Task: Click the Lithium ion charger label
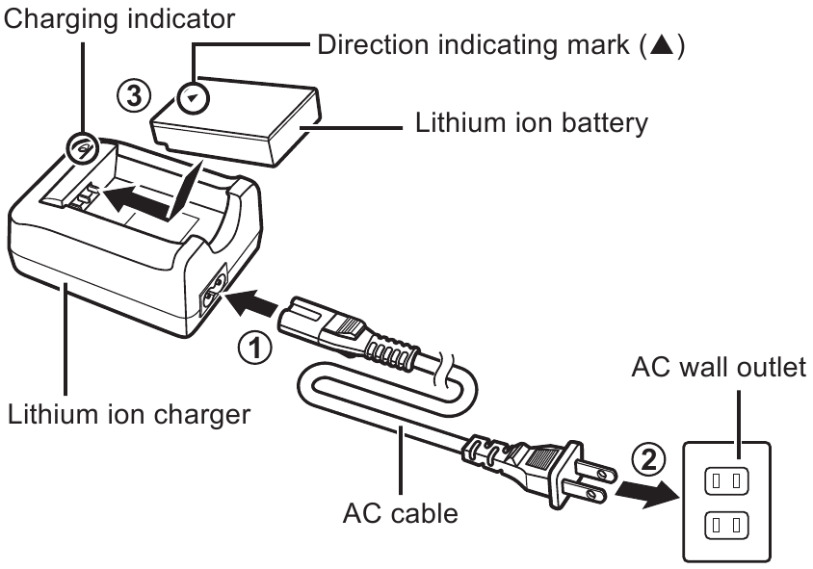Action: tap(129, 418)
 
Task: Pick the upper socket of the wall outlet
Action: tap(725, 478)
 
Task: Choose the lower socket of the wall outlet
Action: tap(725, 525)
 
